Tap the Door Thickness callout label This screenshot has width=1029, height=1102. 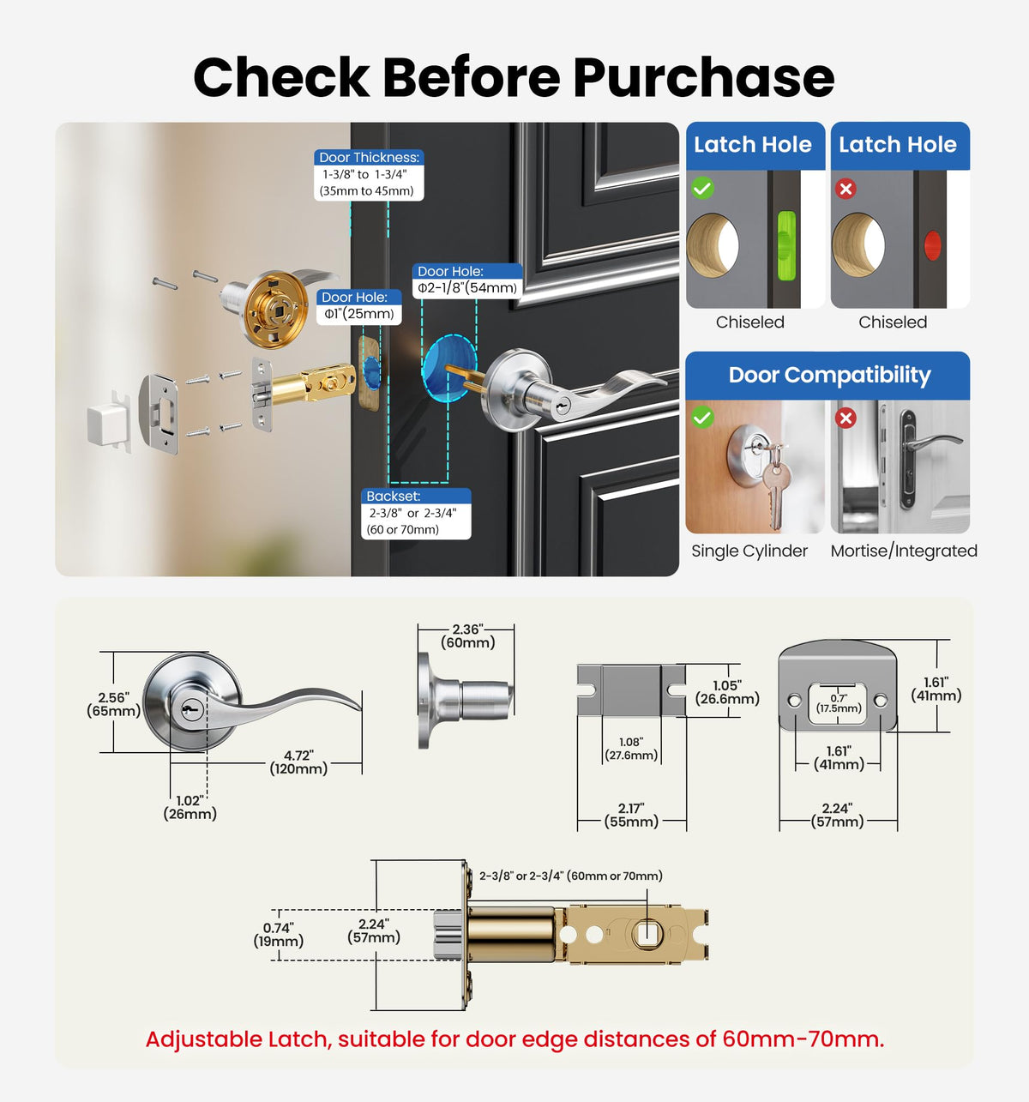click(369, 158)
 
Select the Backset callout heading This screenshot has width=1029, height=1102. click(393, 496)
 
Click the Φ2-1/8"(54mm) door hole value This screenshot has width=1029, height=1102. click(466, 287)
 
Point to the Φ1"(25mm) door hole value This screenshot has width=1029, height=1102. click(358, 314)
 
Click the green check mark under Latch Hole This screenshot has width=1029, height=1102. click(702, 188)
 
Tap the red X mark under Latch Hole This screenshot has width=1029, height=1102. click(845, 189)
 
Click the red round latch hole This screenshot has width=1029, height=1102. click(932, 244)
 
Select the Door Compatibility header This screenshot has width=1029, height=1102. click(829, 375)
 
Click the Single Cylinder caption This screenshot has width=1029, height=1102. click(749, 551)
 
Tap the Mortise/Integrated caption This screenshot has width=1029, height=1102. click(904, 551)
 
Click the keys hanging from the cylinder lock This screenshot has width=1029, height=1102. click(774, 483)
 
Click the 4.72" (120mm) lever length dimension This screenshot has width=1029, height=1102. click(298, 762)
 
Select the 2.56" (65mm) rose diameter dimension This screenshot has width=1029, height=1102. click(113, 703)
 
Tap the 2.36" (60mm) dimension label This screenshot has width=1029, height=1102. click(467, 635)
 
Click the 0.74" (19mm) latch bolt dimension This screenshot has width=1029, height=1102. click(278, 935)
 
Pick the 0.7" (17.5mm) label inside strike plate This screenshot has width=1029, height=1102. click(839, 703)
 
